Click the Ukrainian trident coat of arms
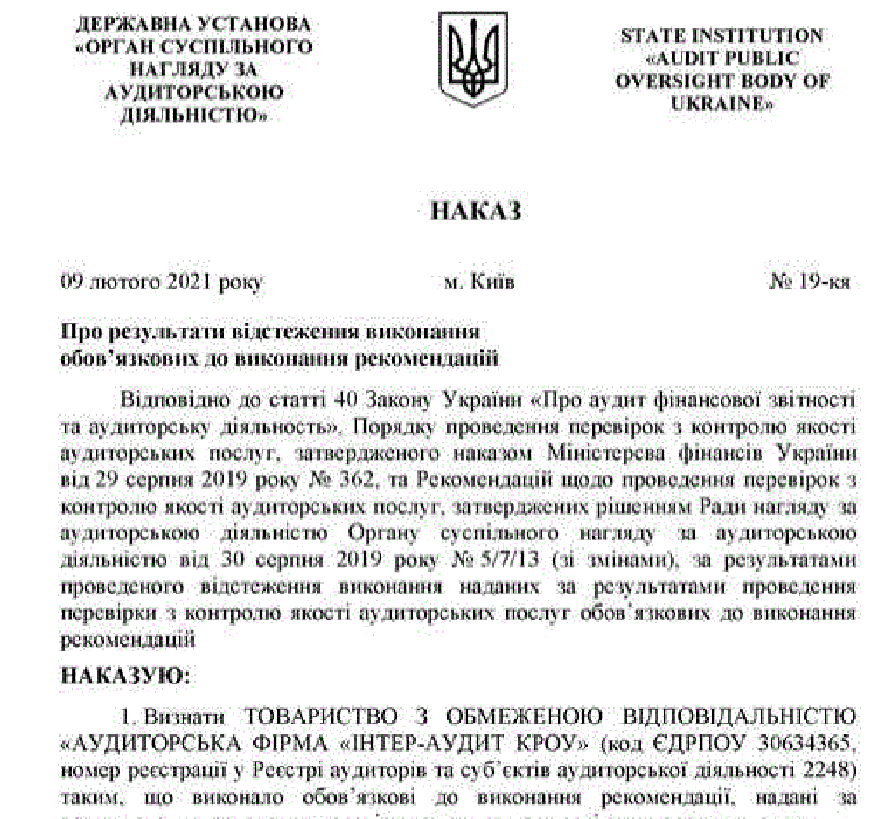[x=463, y=59]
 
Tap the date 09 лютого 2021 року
[x=162, y=282]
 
